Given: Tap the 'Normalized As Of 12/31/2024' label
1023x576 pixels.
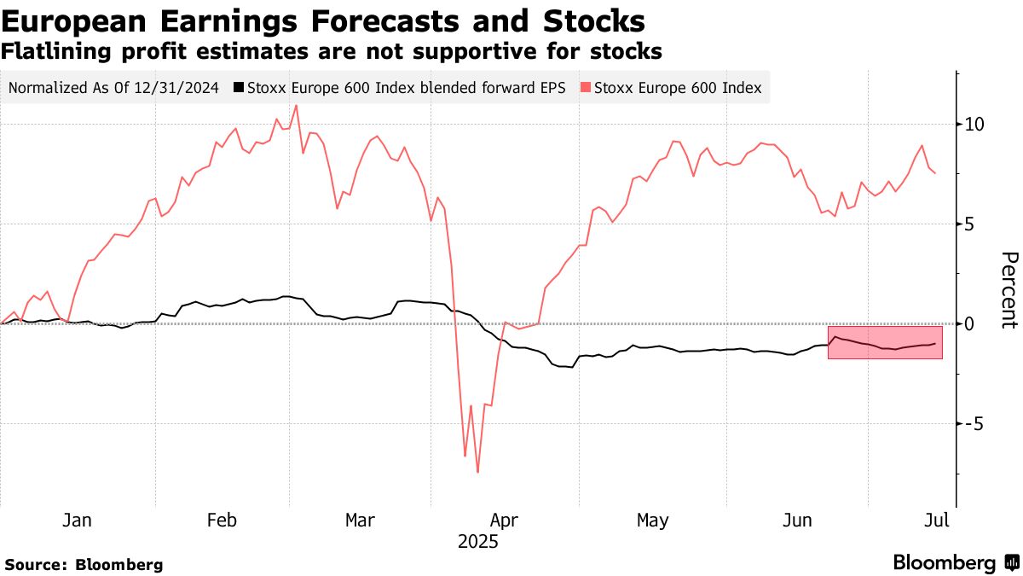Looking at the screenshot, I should click(113, 87).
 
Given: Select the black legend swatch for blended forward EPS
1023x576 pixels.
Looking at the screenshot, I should click(240, 87).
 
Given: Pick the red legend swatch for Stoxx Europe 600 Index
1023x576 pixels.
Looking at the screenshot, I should click(586, 87).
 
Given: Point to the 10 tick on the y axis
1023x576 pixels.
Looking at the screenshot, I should click(974, 125).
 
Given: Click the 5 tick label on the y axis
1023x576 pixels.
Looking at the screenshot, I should click(969, 224).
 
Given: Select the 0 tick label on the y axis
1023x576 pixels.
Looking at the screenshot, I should click(969, 324).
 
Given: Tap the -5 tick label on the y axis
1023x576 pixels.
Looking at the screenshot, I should click(974, 424).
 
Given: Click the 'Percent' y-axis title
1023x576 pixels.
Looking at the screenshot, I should click(1009, 290).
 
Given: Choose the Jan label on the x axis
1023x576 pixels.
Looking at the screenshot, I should click(78, 520).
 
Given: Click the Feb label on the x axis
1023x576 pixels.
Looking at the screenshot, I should click(222, 520).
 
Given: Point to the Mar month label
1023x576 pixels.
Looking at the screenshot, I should click(360, 520).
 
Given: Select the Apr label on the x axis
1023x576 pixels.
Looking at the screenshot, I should click(504, 520).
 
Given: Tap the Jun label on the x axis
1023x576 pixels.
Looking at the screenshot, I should click(796, 520).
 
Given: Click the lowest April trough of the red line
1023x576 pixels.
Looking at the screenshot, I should click(478, 472).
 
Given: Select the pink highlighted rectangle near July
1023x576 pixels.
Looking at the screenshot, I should click(885, 341).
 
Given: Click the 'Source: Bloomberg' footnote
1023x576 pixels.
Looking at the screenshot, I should click(84, 565).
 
